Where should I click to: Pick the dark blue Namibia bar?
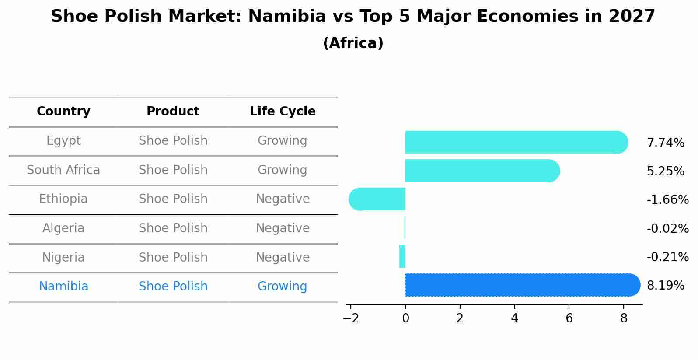coord(520,285)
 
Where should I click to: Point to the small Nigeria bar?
coord(402,256)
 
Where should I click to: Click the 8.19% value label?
coord(665,286)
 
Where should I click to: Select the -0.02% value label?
coord(667,228)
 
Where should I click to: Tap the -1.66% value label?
coord(667,200)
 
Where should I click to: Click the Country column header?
coord(63,112)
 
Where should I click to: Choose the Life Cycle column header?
coord(283,112)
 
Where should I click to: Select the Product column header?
coord(173,112)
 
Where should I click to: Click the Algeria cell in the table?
coord(63,228)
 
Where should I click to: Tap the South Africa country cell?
coord(63,170)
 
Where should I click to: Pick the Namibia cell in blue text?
coord(63,287)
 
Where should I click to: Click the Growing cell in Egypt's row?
coord(282,141)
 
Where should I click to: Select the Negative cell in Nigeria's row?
coord(283,258)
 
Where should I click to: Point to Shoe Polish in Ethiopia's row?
coord(173,199)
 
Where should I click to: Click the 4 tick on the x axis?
coord(514,318)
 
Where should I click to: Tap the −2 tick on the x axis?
coord(351,318)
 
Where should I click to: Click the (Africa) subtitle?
coord(353,43)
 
